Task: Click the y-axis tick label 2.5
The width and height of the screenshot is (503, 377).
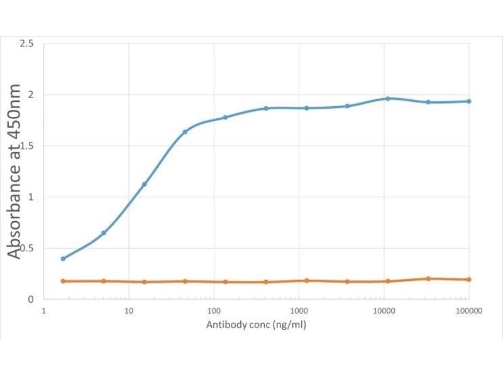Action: (x=27, y=43)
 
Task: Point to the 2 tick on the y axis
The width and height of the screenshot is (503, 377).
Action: (x=31, y=95)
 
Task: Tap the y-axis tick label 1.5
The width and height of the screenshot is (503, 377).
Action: (x=27, y=146)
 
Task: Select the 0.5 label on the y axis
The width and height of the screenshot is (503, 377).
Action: (x=27, y=248)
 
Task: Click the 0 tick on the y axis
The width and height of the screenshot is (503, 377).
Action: (x=31, y=299)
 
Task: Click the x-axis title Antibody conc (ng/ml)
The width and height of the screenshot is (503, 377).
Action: (x=257, y=325)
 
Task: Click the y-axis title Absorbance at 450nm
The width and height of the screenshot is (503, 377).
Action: (x=14, y=171)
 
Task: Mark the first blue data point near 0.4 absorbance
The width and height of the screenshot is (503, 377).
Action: (x=63, y=258)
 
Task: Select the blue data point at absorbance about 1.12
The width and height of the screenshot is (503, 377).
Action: (x=144, y=184)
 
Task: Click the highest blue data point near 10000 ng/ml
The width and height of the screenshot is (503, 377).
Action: (x=388, y=99)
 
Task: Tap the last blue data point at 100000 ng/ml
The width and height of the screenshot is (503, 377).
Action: (x=469, y=101)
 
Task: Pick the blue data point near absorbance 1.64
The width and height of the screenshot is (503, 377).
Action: (x=185, y=131)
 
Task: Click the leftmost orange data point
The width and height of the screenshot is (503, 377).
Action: (x=63, y=281)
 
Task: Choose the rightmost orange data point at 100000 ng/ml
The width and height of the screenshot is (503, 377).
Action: (x=469, y=280)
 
